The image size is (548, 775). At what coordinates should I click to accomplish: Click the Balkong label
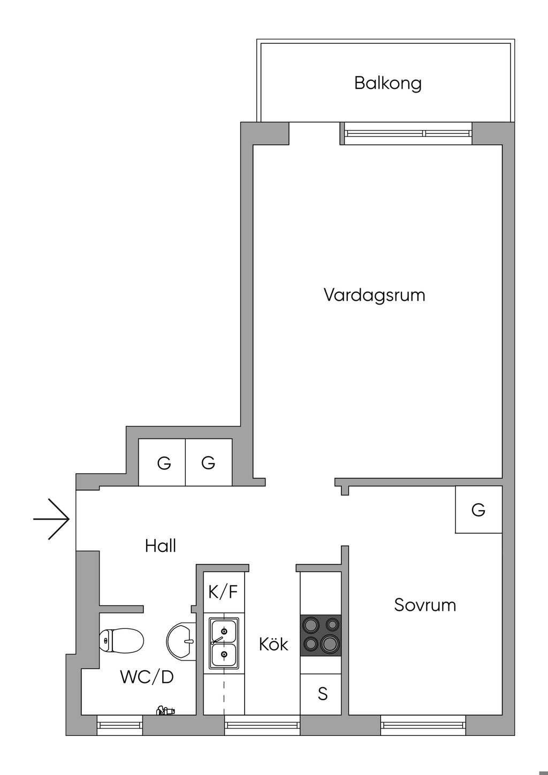pyautogui.click(x=387, y=83)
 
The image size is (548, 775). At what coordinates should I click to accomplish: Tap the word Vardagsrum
pyautogui.click(x=374, y=295)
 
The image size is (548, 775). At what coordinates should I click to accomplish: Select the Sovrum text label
pyautogui.click(x=425, y=605)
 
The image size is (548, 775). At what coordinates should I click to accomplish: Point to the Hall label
pyautogui.click(x=161, y=546)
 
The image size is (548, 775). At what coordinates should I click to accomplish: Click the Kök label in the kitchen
pyautogui.click(x=273, y=644)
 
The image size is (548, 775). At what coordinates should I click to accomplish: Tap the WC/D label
pyautogui.click(x=147, y=677)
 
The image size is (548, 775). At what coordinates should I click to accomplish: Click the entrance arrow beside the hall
pyautogui.click(x=52, y=519)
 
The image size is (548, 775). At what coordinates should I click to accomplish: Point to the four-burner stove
pyautogui.click(x=321, y=635)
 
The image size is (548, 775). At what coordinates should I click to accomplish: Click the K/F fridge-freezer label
pyautogui.click(x=223, y=592)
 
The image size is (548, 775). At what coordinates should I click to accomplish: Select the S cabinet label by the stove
pyautogui.click(x=322, y=694)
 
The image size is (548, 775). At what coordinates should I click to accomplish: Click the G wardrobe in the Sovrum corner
pyautogui.click(x=478, y=510)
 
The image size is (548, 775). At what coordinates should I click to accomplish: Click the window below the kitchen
pyautogui.click(x=262, y=725)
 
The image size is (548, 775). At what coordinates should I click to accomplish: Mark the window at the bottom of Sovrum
pyautogui.click(x=423, y=725)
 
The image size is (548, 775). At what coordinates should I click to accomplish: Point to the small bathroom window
pyautogui.click(x=120, y=725)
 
